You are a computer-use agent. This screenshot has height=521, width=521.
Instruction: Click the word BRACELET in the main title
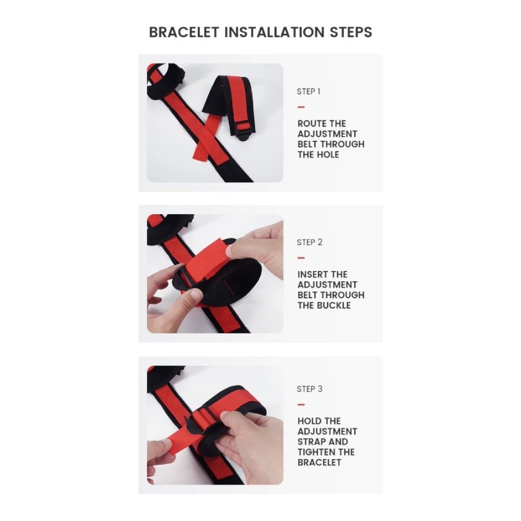click(184, 32)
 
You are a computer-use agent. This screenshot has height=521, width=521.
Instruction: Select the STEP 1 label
click(308, 92)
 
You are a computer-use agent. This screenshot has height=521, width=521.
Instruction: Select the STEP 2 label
click(309, 243)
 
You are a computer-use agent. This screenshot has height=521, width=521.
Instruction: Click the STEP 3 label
click(309, 389)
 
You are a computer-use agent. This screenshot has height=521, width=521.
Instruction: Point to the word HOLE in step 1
click(328, 155)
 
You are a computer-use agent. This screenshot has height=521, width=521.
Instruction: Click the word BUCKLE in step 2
click(334, 306)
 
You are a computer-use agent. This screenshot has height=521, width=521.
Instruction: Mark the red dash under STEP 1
click(301, 107)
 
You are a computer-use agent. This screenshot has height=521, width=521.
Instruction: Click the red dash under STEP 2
click(301, 258)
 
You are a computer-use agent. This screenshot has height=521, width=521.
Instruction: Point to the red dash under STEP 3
click(301, 405)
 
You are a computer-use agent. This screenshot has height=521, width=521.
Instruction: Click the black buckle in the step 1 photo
click(245, 133)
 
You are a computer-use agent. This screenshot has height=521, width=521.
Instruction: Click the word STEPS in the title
click(351, 32)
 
